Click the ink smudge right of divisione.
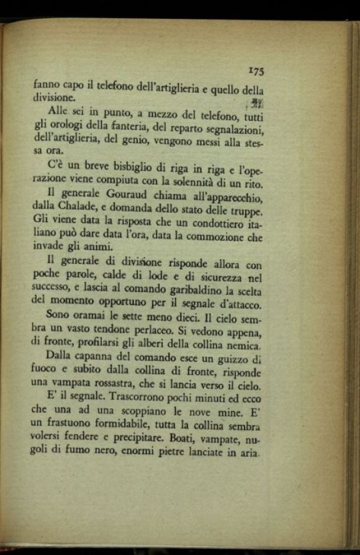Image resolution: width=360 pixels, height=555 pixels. (x=255, y=102)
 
